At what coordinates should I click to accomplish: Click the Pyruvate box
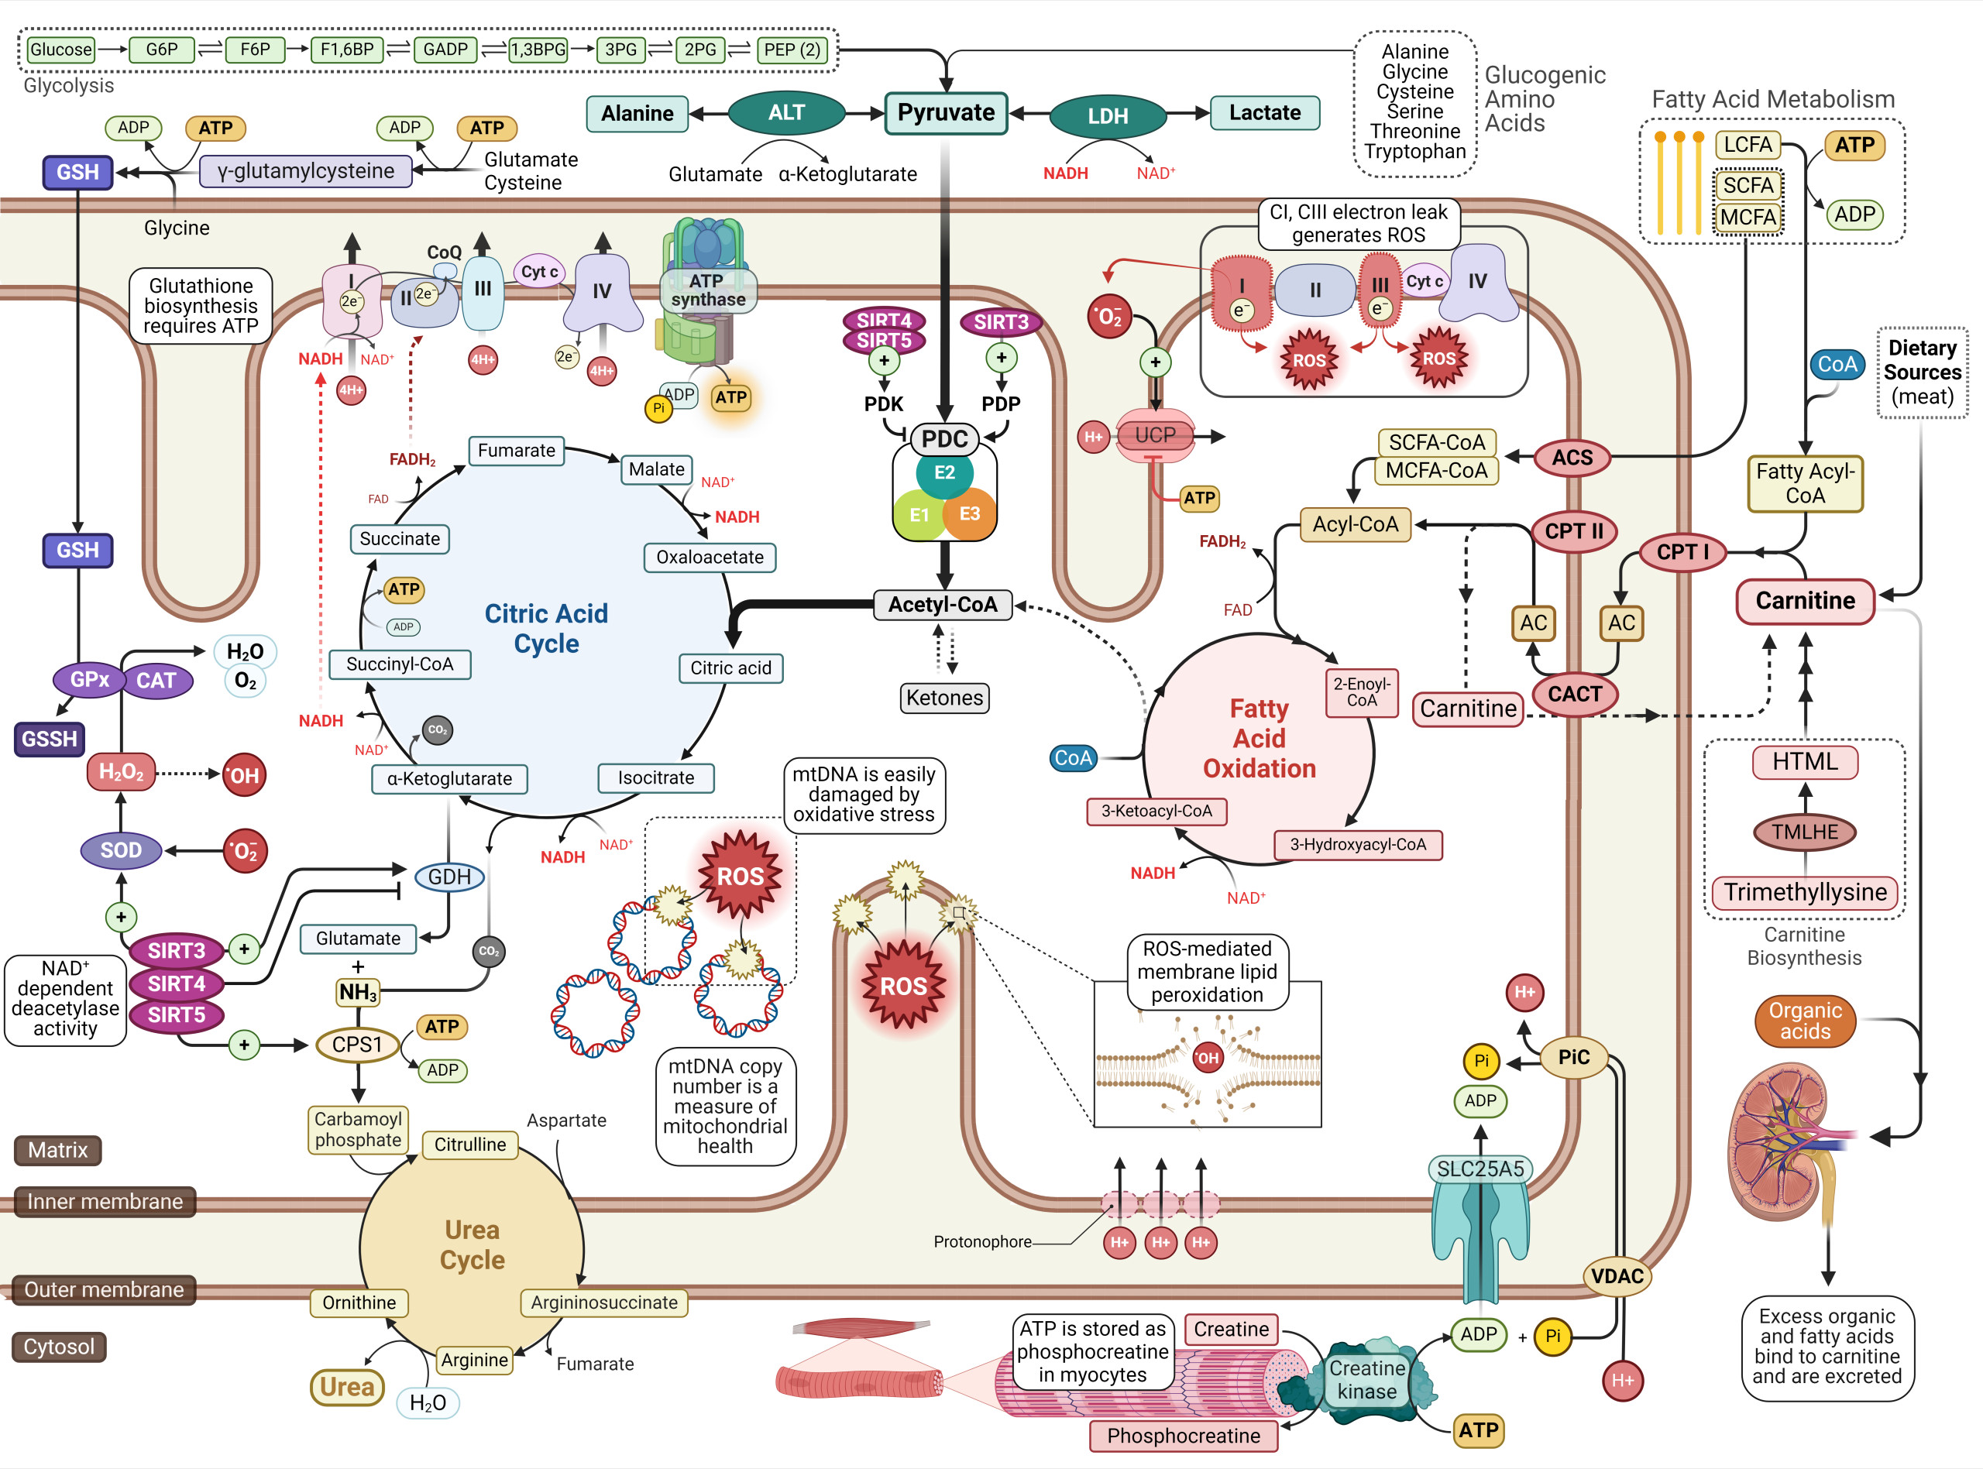tap(945, 113)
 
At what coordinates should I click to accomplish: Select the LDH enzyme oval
tap(1107, 115)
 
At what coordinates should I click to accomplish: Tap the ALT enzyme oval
tap(786, 113)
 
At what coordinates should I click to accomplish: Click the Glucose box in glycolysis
tap(60, 50)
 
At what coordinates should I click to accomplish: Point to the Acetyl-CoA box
tap(943, 605)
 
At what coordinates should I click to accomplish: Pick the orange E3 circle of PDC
tap(969, 514)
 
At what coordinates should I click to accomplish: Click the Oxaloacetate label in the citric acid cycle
tap(710, 558)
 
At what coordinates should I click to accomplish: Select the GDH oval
tap(449, 877)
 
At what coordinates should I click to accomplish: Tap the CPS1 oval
tap(357, 1045)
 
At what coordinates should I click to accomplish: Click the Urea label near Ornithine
tap(347, 1387)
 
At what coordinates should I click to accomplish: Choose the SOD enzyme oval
tap(121, 850)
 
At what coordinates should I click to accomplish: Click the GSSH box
tap(50, 739)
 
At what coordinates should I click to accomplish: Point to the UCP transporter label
tap(1155, 436)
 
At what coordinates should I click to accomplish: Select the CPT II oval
tap(1573, 532)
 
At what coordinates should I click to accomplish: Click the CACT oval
tap(1574, 695)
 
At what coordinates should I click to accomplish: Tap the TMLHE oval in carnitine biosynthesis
tap(1804, 832)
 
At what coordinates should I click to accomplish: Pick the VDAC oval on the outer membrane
tap(1617, 1277)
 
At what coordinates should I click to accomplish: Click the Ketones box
tap(944, 698)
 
